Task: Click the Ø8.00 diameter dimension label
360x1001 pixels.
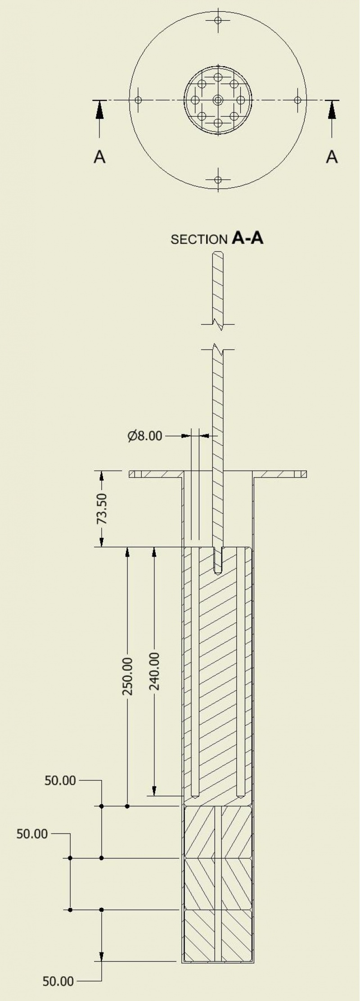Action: pos(144,436)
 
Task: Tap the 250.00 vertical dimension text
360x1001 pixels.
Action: pos(128,676)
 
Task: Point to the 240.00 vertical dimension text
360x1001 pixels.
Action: pos(154,671)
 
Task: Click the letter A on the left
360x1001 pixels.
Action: pos(99,157)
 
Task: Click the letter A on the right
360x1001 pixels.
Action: pos(332,157)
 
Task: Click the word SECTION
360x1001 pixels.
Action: pos(199,239)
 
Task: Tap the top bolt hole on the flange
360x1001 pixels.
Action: pos(218,20)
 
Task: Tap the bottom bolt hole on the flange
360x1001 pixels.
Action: pos(218,180)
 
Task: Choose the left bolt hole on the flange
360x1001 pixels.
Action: pos(138,100)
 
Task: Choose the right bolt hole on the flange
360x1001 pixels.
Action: pos(298,100)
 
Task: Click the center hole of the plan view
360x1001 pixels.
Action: pos(218,100)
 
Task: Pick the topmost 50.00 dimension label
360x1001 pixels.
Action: pos(60,780)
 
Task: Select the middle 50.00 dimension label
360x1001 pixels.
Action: pos(32,834)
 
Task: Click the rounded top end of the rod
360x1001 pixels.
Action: pos(218,255)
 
